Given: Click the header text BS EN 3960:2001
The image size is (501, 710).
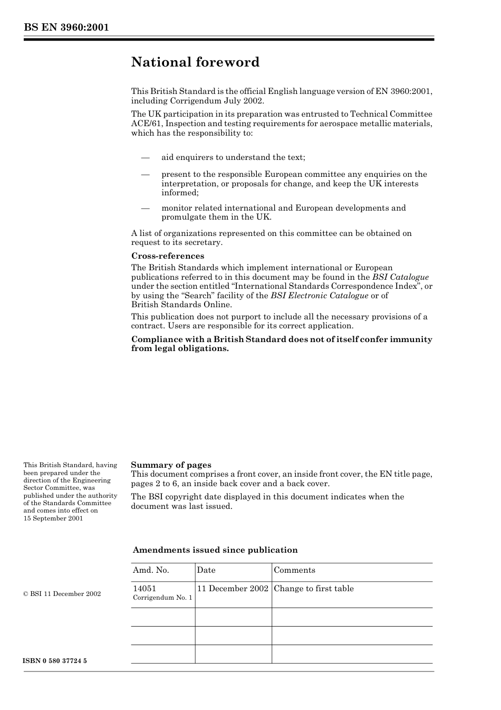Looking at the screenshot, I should click(66, 27).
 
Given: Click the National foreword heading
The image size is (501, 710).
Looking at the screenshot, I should click(195, 62).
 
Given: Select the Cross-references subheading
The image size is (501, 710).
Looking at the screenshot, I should click(168, 256).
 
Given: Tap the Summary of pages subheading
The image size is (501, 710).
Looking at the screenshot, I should click(171, 465).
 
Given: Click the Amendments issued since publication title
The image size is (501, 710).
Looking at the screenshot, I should click(215, 550).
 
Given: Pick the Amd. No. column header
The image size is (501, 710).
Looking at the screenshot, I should click(151, 570).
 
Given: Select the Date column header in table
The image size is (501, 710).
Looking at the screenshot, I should click(206, 570).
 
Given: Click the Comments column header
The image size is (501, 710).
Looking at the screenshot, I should click(294, 570).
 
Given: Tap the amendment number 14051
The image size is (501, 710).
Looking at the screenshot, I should click(144, 589).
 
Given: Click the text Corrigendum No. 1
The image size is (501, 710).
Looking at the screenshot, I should click(162, 598).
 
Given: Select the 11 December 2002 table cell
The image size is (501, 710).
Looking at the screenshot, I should click(233, 589).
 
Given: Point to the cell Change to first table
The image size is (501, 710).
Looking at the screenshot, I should click(314, 589).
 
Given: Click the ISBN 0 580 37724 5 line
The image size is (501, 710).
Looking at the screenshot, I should click(55, 661).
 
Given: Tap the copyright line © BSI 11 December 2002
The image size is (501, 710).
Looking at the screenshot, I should click(62, 594).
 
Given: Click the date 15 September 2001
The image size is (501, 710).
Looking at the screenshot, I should click(53, 518).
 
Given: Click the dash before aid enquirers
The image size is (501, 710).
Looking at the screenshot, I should click(145, 157).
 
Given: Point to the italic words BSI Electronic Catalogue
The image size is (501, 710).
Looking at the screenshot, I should click(319, 296).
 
